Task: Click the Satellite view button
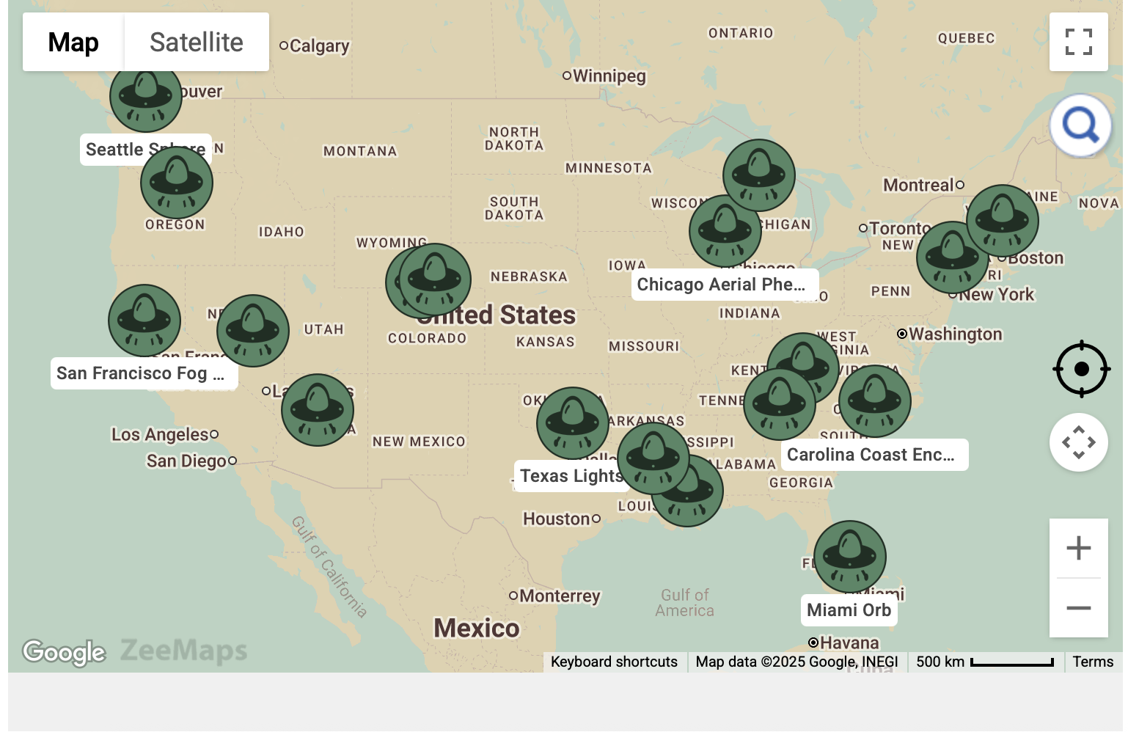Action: [x=196, y=43]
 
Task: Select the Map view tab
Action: [x=73, y=43]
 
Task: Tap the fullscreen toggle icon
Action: [x=1078, y=42]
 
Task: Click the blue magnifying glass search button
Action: [x=1080, y=125]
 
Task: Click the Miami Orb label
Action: [x=849, y=610]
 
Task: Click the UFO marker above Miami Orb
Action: [x=850, y=556]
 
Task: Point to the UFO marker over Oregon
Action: [x=177, y=183]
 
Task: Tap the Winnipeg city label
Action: [x=609, y=76]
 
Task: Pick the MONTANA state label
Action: [x=360, y=151]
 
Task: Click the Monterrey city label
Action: [x=560, y=596]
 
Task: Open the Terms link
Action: [x=1092, y=662]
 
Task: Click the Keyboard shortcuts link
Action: [x=614, y=662]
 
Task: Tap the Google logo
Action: [x=65, y=651]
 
